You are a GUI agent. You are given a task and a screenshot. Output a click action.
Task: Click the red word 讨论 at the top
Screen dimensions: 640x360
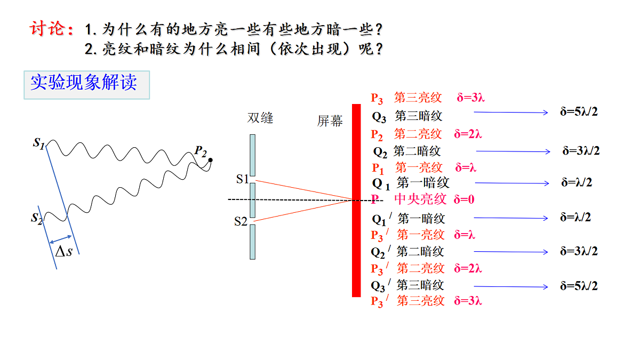coord(47,29)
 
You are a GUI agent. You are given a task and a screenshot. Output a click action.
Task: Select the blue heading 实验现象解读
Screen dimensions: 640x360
coord(84,82)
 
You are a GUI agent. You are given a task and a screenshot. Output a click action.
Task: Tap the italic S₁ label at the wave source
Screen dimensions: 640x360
coord(39,143)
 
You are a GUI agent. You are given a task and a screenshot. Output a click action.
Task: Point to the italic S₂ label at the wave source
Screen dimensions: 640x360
coord(37,219)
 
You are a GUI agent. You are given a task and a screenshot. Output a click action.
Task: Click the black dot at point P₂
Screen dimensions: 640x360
coord(211,160)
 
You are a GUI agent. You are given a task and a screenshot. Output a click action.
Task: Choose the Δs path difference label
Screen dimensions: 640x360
coord(63,252)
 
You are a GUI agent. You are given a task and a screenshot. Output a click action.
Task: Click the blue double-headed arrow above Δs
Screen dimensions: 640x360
coord(60,239)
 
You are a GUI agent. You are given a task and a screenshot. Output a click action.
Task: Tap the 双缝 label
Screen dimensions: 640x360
coord(260,118)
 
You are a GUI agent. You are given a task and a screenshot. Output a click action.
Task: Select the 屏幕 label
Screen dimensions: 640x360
coord(330,121)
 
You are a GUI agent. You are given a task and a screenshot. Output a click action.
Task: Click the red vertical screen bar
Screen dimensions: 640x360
coord(356,201)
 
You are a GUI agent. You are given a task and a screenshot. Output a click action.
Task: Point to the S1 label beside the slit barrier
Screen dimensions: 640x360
coord(242,179)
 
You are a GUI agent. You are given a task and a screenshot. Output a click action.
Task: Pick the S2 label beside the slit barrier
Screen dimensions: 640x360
coord(241,221)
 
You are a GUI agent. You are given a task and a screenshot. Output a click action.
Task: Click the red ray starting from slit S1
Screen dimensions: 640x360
coord(304,190)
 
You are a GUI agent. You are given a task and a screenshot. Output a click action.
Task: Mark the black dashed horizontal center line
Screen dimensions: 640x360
coord(306,200)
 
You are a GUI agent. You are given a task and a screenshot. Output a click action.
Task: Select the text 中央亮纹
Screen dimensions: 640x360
coord(420,199)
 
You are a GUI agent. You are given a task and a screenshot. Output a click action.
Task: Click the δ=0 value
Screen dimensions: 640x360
coord(464,199)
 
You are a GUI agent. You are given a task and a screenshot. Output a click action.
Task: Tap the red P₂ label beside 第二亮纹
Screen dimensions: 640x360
coord(377,134)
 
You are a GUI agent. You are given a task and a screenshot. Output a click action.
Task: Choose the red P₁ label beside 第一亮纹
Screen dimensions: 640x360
coord(378,169)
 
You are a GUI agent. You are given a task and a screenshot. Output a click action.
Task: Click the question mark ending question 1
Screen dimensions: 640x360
coord(379,29)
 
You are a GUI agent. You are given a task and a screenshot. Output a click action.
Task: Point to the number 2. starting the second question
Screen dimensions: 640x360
coord(91,49)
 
